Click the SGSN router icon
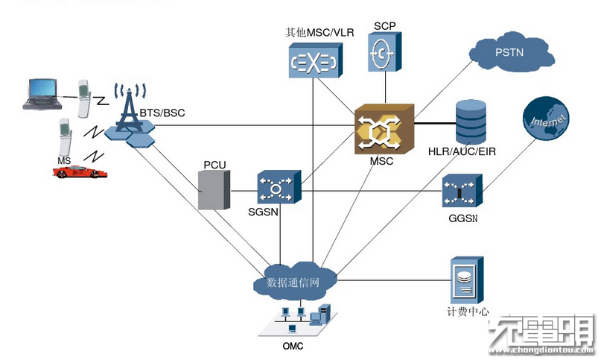click(278, 188)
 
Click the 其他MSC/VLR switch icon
click(313, 61)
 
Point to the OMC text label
click(293, 347)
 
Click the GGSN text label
click(463, 219)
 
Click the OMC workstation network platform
click(296, 321)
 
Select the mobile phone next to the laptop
click(88, 98)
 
